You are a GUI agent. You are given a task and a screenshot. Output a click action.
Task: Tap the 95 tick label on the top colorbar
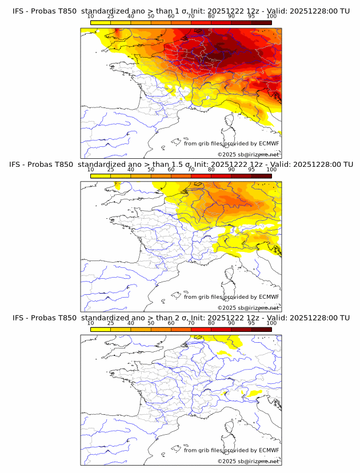(251, 17)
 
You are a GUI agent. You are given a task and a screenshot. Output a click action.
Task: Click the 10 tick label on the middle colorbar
(90, 170)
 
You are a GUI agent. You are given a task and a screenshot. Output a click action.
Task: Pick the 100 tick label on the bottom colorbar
(271, 323)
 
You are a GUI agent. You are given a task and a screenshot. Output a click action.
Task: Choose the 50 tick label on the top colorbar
(151, 17)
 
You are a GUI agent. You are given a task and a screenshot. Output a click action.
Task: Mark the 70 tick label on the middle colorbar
(191, 170)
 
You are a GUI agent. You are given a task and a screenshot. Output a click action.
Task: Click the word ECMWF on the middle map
(269, 296)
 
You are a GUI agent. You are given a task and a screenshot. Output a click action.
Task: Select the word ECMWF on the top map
(269, 143)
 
